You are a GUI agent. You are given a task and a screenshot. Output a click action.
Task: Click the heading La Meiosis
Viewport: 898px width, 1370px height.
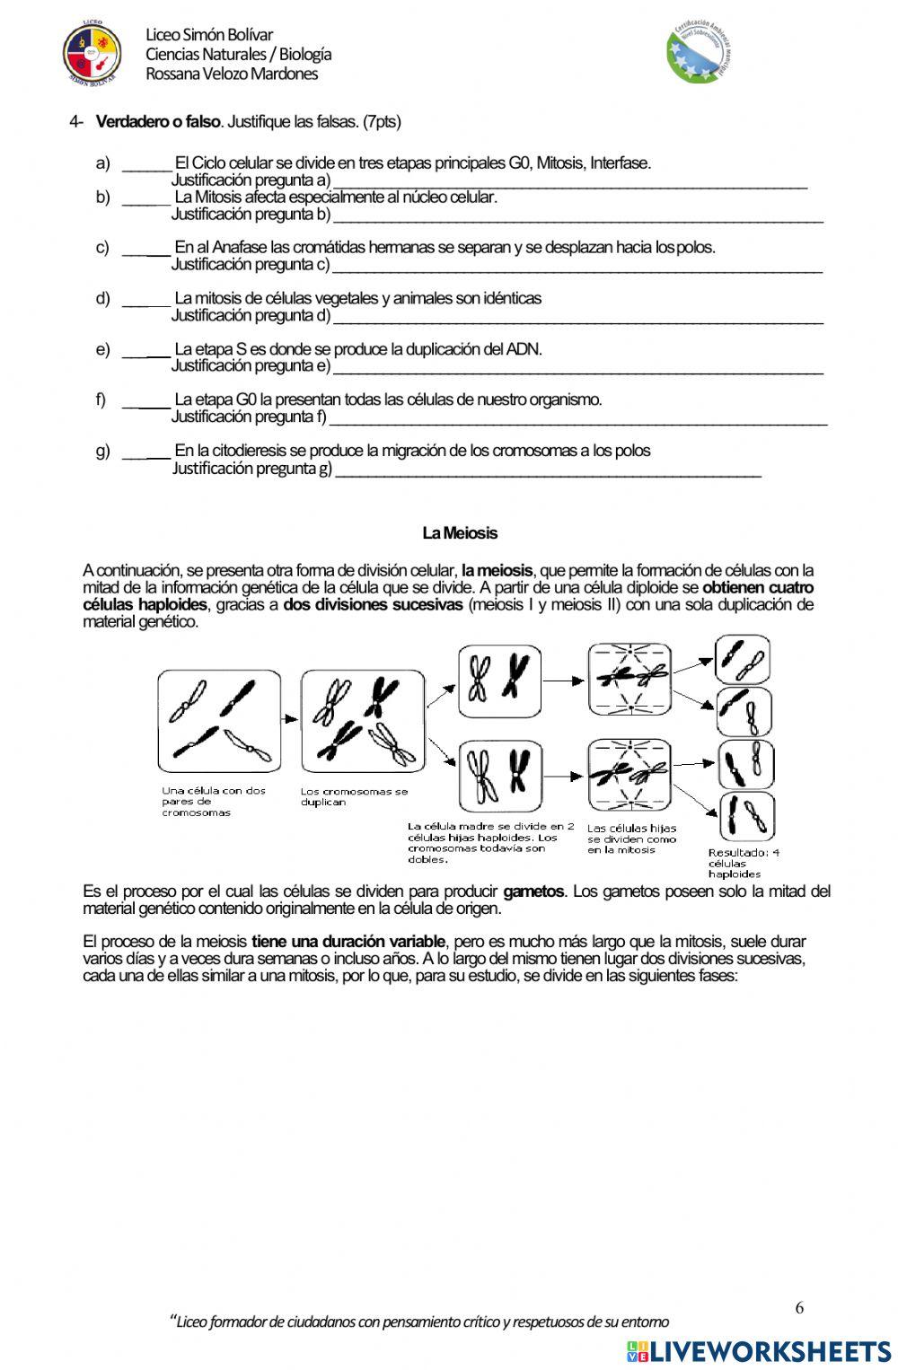[x=459, y=533]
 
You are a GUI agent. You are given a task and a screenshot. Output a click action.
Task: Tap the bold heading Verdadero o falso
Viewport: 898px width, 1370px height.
[x=157, y=121]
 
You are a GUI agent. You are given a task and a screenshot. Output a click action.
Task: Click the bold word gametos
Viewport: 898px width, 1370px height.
[x=533, y=891]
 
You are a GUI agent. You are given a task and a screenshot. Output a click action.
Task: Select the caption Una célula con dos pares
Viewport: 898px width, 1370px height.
[x=214, y=802]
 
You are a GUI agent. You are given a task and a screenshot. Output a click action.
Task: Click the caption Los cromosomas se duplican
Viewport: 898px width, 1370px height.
[x=354, y=796]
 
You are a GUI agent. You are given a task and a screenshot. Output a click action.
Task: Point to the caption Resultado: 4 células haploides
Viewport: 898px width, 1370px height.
[x=744, y=863]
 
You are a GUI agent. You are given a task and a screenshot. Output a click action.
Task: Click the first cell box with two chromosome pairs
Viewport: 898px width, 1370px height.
[x=218, y=721]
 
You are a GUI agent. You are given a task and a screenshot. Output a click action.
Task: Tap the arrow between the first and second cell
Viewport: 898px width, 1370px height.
[x=289, y=719]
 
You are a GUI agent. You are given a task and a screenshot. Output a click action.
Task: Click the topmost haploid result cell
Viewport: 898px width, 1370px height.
[x=743, y=660]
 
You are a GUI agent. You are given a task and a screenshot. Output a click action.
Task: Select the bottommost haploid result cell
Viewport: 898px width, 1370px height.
[x=745, y=816]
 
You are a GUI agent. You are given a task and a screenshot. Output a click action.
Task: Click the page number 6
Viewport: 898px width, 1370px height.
[x=799, y=1307]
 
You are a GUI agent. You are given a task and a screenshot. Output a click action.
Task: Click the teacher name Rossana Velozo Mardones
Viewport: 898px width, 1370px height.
[x=232, y=74]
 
